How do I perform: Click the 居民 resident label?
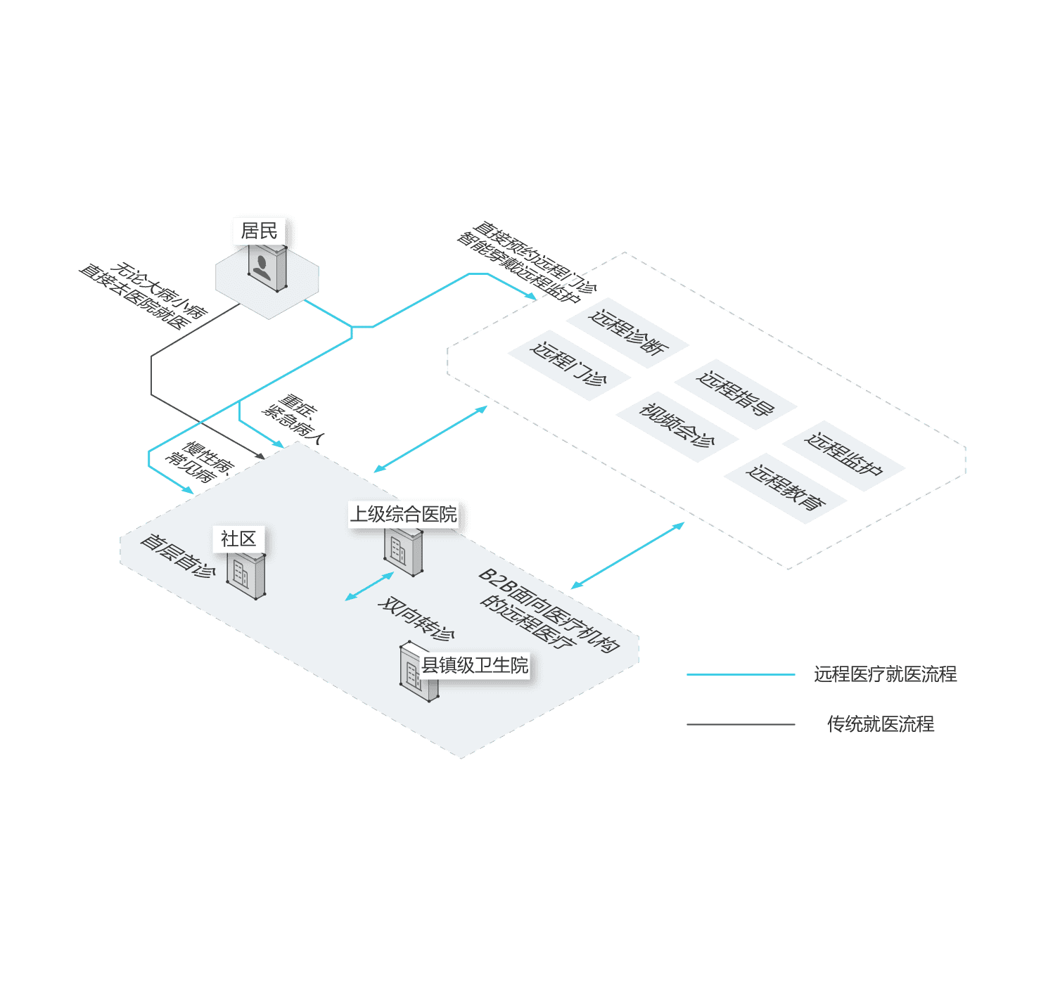pos(259,231)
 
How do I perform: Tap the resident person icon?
pos(264,268)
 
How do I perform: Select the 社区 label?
pos(238,539)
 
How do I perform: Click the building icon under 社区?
pos(245,574)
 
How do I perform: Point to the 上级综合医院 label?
pos(404,514)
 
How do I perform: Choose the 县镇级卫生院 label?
pos(475,665)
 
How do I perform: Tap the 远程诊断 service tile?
pos(628,333)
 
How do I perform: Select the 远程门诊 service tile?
pos(568,364)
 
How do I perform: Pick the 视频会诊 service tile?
pos(677,425)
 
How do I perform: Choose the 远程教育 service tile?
pos(785,487)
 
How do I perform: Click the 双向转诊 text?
pos(416,619)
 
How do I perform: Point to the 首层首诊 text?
pos(177,555)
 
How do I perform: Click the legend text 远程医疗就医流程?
pos(885,675)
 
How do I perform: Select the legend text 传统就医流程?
pos(881,724)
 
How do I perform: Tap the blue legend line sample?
pos(741,675)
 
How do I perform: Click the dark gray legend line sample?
pos(741,724)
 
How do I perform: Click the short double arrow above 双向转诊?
pos(369,586)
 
